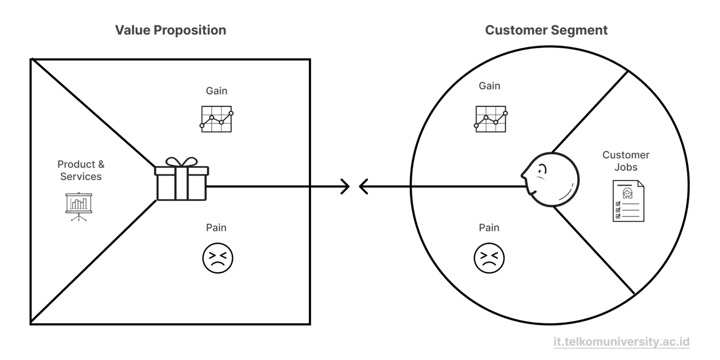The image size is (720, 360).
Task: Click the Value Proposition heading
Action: pyautogui.click(x=171, y=30)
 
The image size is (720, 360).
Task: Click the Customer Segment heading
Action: pyautogui.click(x=546, y=30)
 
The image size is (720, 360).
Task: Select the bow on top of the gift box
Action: pyautogui.click(x=181, y=162)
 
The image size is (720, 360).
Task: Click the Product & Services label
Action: pyautogui.click(x=81, y=170)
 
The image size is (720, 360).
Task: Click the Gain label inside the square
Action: pyautogui.click(x=217, y=91)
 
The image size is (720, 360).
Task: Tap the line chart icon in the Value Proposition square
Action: pyautogui.click(x=217, y=119)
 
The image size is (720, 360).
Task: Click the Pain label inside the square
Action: pyautogui.click(x=216, y=227)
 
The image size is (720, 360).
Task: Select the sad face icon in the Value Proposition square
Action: pyautogui.click(x=217, y=258)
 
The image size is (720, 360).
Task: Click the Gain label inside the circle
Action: pyautogui.click(x=489, y=86)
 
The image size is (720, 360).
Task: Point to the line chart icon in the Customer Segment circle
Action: pyautogui.click(x=491, y=119)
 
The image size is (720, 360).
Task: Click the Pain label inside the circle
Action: pyautogui.click(x=489, y=227)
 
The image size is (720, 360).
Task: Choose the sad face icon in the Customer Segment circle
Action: pyautogui.click(x=489, y=258)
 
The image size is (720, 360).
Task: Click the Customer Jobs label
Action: pyautogui.click(x=626, y=161)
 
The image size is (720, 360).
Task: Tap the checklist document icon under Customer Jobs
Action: pyautogui.click(x=628, y=201)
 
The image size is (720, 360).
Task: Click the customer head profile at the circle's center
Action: pyautogui.click(x=551, y=180)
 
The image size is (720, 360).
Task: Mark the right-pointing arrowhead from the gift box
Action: pyautogui.click(x=345, y=187)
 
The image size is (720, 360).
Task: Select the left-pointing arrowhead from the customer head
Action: pyautogui.click(x=363, y=187)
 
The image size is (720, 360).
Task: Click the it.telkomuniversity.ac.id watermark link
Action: pyautogui.click(x=621, y=342)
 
